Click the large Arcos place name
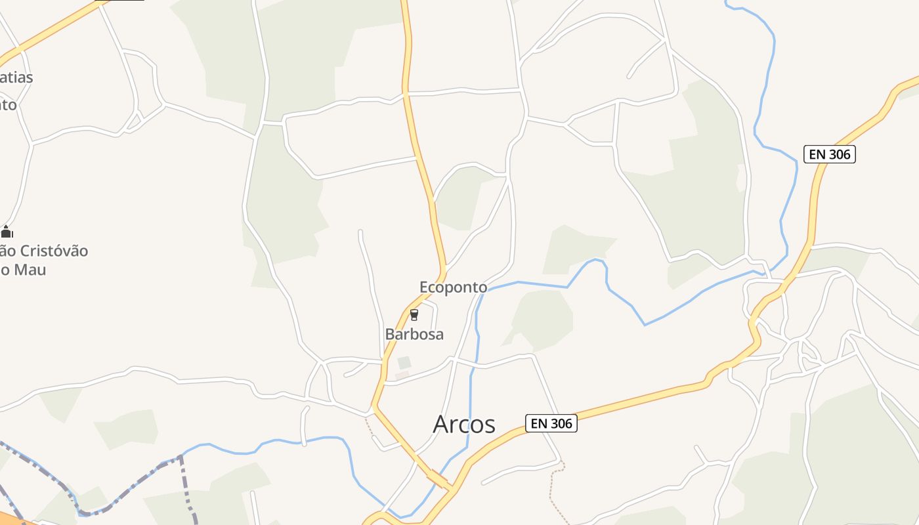pos(464,425)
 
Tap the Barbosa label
pos(414,334)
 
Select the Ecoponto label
pos(453,287)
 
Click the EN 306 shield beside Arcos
pos(551,423)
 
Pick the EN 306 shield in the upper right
pos(830,154)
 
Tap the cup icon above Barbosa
pos(414,315)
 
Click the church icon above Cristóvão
pos(7,232)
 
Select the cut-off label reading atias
pos(17,77)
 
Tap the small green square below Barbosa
pos(404,362)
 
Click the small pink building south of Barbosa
pos(402,375)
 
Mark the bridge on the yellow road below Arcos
pos(438,480)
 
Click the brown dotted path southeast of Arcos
pos(555,492)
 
